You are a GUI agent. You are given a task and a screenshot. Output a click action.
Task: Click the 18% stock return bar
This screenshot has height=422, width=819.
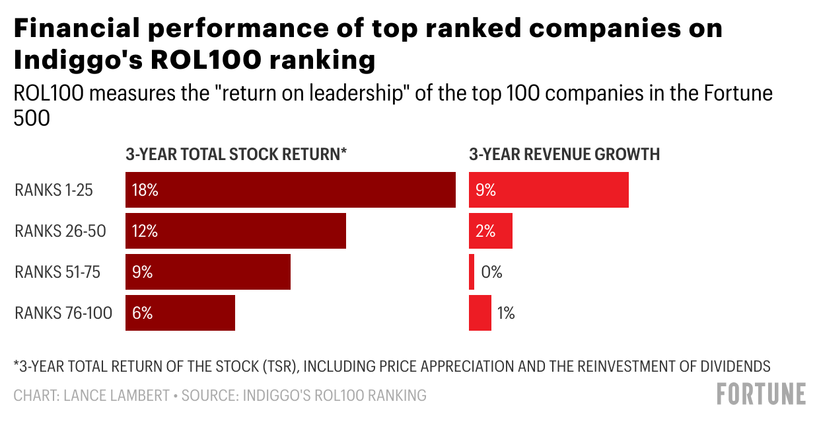coord(291,190)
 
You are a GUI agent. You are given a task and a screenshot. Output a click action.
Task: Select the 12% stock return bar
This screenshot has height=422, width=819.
coord(236,231)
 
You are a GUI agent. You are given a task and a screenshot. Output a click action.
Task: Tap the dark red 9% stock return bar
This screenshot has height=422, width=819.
coord(208,272)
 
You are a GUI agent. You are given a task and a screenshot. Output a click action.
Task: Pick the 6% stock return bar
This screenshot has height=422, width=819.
coord(180,313)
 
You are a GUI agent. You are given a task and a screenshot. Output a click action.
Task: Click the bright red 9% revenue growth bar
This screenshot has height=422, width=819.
coord(548,190)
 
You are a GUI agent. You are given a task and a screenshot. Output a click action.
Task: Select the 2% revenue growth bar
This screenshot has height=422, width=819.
coord(490,231)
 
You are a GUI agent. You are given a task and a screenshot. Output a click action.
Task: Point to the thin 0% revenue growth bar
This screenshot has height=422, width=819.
coord(472,272)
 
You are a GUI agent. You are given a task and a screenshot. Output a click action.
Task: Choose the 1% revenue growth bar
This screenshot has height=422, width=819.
coord(480,313)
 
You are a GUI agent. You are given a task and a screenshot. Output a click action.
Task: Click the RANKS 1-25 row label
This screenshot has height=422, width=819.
coord(53,190)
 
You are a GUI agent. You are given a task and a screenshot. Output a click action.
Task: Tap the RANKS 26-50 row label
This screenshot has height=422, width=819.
coord(60,231)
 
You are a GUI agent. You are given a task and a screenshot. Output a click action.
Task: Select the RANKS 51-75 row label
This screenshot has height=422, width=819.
coord(57,272)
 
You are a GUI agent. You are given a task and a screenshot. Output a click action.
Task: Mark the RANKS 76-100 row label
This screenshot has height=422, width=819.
coord(63,313)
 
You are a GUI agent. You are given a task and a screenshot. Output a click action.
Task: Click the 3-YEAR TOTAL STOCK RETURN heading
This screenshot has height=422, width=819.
coord(236,155)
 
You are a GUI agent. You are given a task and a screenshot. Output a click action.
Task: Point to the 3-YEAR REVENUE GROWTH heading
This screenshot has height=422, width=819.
coord(564,155)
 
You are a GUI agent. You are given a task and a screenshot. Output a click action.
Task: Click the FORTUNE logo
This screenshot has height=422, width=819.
coord(761,394)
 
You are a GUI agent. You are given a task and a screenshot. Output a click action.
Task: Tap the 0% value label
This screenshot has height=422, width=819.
coord(491,272)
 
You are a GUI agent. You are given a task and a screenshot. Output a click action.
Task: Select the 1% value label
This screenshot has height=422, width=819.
coord(506,313)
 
